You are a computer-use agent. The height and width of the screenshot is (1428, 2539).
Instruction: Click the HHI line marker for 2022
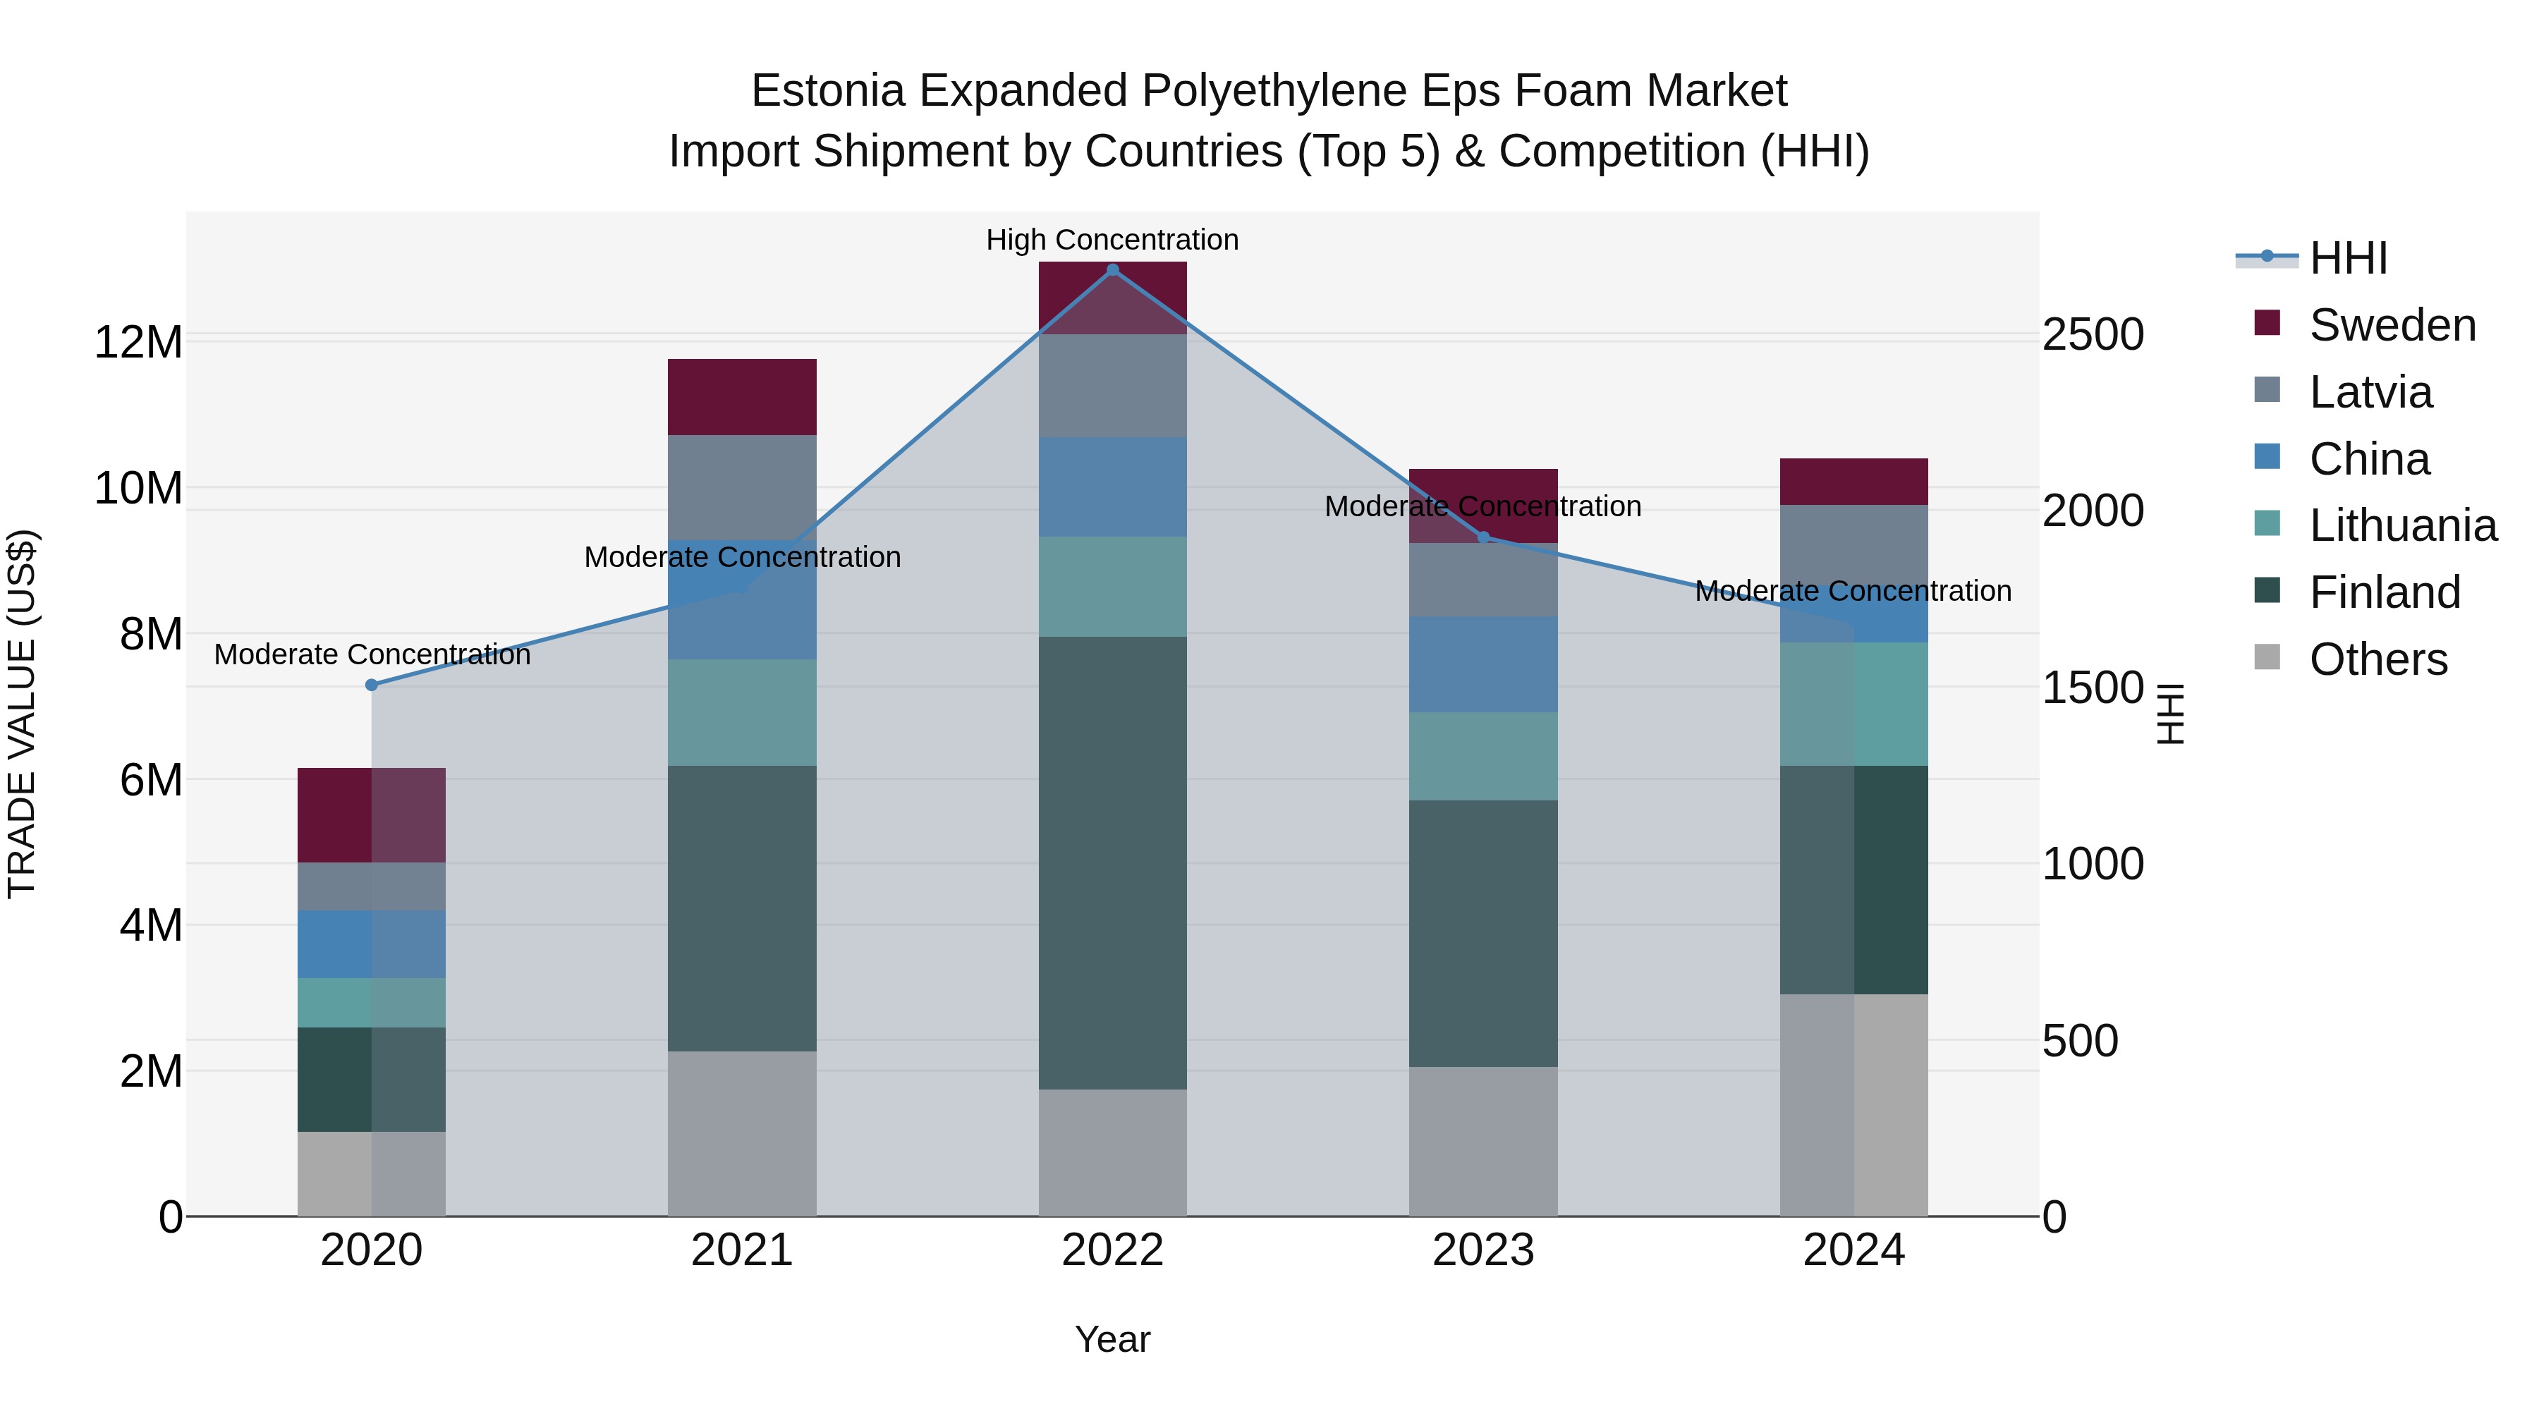click(1113, 270)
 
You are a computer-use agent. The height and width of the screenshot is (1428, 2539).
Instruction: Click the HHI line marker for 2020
click(372, 685)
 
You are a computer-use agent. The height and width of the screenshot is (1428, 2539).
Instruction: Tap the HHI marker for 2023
click(1483, 538)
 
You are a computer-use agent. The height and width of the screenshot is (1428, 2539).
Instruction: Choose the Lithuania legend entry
click(2402, 525)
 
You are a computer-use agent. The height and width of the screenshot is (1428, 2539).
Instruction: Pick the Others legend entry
click(2377, 659)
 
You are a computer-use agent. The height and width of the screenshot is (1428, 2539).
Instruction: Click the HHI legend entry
click(2348, 258)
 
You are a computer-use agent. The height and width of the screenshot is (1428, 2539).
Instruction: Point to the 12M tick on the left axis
click(138, 343)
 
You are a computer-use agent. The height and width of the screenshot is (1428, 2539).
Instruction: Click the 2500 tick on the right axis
click(2092, 335)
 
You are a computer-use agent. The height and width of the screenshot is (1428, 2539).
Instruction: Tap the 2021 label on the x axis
click(742, 1250)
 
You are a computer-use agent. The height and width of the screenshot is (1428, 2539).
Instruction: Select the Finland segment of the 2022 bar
click(1113, 862)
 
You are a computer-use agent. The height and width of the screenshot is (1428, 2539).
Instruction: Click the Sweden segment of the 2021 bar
click(742, 396)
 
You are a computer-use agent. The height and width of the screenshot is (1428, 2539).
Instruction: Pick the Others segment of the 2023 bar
click(1483, 1141)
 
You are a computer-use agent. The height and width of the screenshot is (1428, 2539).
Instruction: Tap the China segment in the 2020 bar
click(372, 944)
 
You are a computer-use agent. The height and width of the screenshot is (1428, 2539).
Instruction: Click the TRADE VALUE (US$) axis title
click(22, 714)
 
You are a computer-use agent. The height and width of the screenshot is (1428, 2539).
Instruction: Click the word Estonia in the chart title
click(827, 91)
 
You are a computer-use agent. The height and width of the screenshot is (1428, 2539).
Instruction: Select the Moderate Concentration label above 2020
click(372, 654)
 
